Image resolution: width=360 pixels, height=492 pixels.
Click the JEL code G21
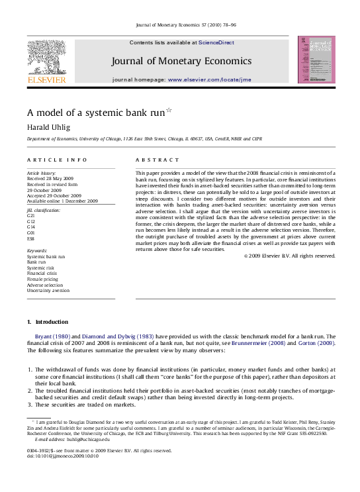point(30,216)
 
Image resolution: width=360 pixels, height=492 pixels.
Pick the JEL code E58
point(30,238)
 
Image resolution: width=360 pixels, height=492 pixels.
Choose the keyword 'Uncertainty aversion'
point(48,291)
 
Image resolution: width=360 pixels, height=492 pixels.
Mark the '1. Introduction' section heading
point(47,322)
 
